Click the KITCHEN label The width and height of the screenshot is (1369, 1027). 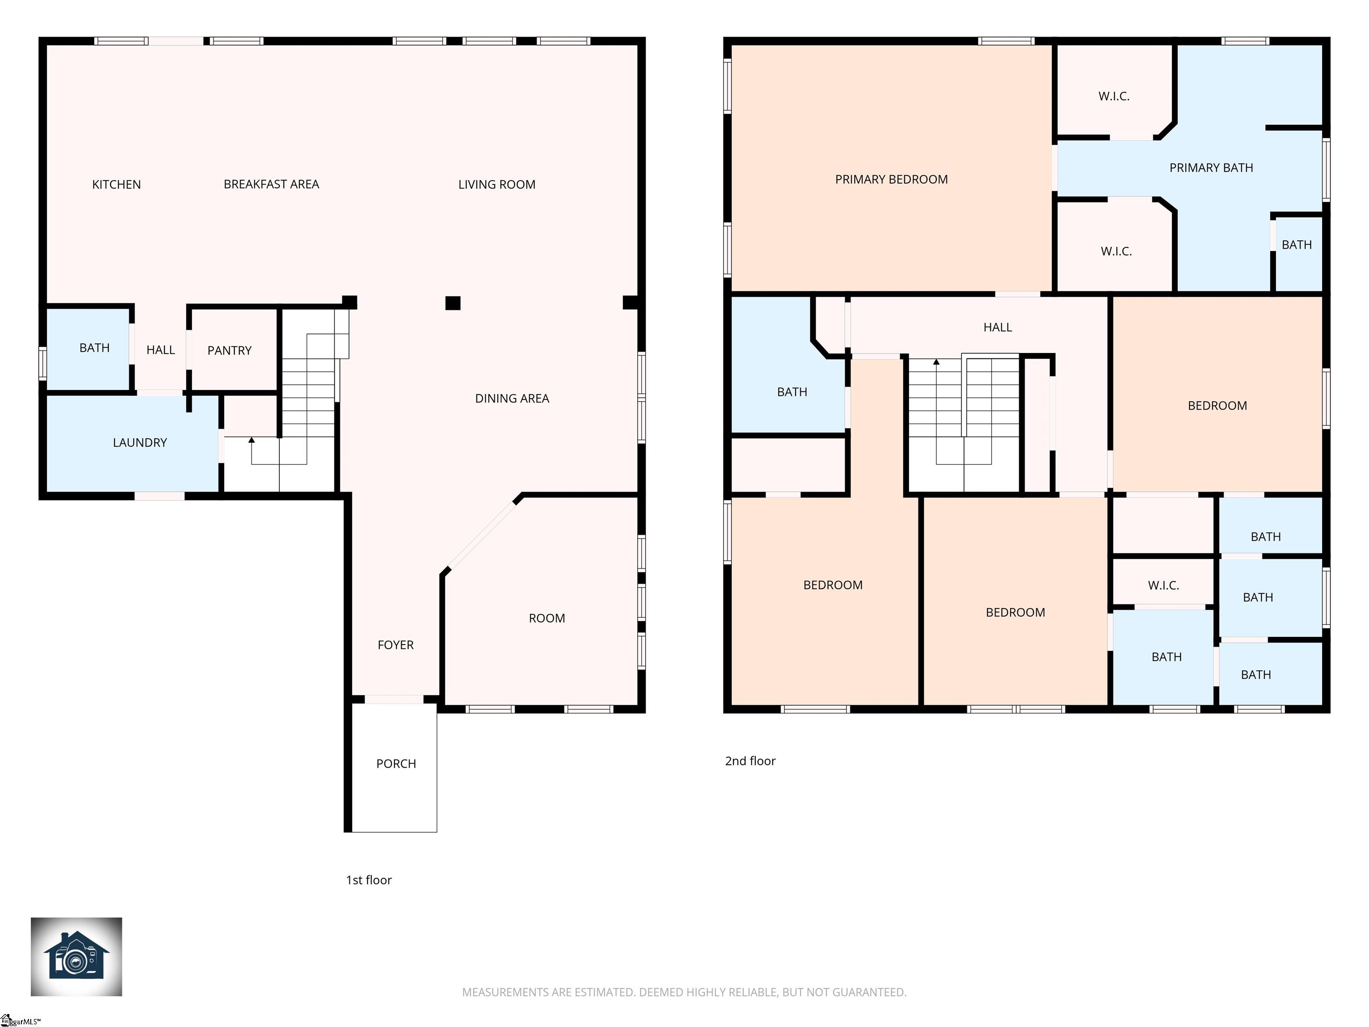[x=116, y=185]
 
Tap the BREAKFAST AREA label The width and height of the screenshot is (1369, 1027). [x=271, y=185]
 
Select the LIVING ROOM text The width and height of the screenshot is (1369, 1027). [x=496, y=185]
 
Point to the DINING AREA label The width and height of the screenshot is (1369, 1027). [x=512, y=398]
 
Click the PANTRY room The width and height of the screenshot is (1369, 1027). [x=233, y=350]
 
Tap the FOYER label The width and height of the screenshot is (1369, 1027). [x=395, y=645]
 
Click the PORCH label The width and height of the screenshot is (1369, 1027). [x=396, y=764]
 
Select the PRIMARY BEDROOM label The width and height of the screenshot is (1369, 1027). [x=891, y=180]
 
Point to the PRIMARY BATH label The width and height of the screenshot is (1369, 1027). [x=1211, y=168]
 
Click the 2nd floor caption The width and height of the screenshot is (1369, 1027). [x=750, y=761]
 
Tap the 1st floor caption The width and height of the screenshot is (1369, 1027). [x=369, y=879]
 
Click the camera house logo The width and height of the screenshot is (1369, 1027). [x=76, y=957]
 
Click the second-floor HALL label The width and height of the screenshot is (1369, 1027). [x=998, y=328]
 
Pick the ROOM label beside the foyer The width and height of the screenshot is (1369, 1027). [x=546, y=618]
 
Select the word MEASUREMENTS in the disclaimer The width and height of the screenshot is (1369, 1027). [x=506, y=992]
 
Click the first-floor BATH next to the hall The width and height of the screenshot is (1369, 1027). [x=94, y=348]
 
